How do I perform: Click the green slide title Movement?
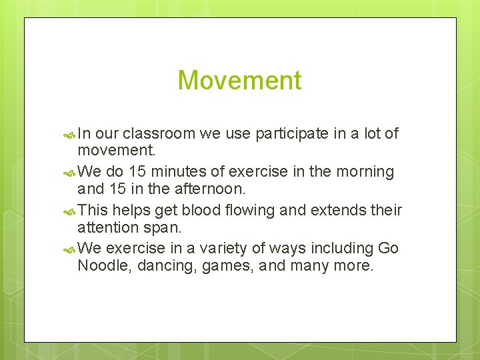(x=239, y=81)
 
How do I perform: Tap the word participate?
(x=288, y=133)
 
